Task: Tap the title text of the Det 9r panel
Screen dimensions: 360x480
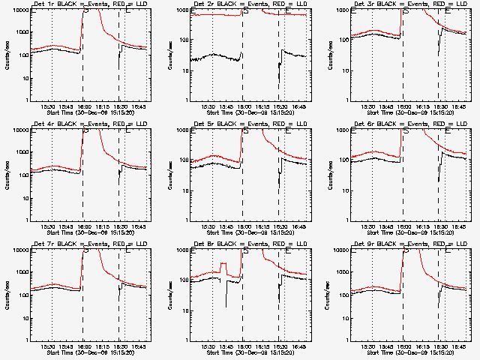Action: (x=405, y=245)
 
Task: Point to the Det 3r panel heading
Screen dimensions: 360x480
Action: (x=405, y=5)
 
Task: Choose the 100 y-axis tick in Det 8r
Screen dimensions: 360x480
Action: (x=183, y=280)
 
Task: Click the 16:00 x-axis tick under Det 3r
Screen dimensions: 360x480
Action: (x=405, y=107)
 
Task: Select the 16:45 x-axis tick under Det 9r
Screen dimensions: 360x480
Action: (x=459, y=347)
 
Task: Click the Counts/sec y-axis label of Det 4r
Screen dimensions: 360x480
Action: (x=7, y=175)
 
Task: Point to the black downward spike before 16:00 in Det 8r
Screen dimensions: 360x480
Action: (x=226, y=300)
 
